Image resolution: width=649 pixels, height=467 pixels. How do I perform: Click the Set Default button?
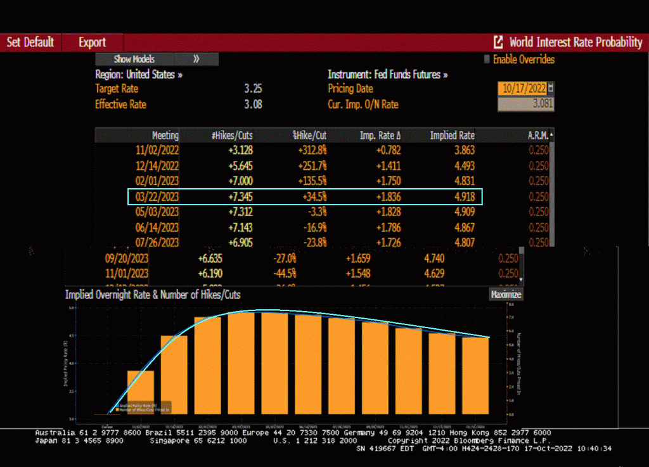(30, 42)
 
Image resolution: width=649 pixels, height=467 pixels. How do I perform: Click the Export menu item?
(93, 42)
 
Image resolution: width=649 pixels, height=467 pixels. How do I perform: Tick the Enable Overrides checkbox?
(487, 60)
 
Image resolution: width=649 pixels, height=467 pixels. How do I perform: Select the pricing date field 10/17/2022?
(524, 89)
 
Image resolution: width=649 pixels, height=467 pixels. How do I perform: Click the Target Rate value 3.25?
(253, 89)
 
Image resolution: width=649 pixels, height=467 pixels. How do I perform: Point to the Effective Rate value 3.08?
(253, 104)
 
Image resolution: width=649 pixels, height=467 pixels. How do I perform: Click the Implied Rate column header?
(452, 136)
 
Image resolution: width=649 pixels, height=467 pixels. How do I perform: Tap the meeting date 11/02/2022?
(157, 150)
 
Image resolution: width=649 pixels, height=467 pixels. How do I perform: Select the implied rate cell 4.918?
(461, 196)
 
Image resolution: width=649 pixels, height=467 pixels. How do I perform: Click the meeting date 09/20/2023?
(126, 258)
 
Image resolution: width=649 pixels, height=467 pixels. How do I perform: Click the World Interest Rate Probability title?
(575, 42)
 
